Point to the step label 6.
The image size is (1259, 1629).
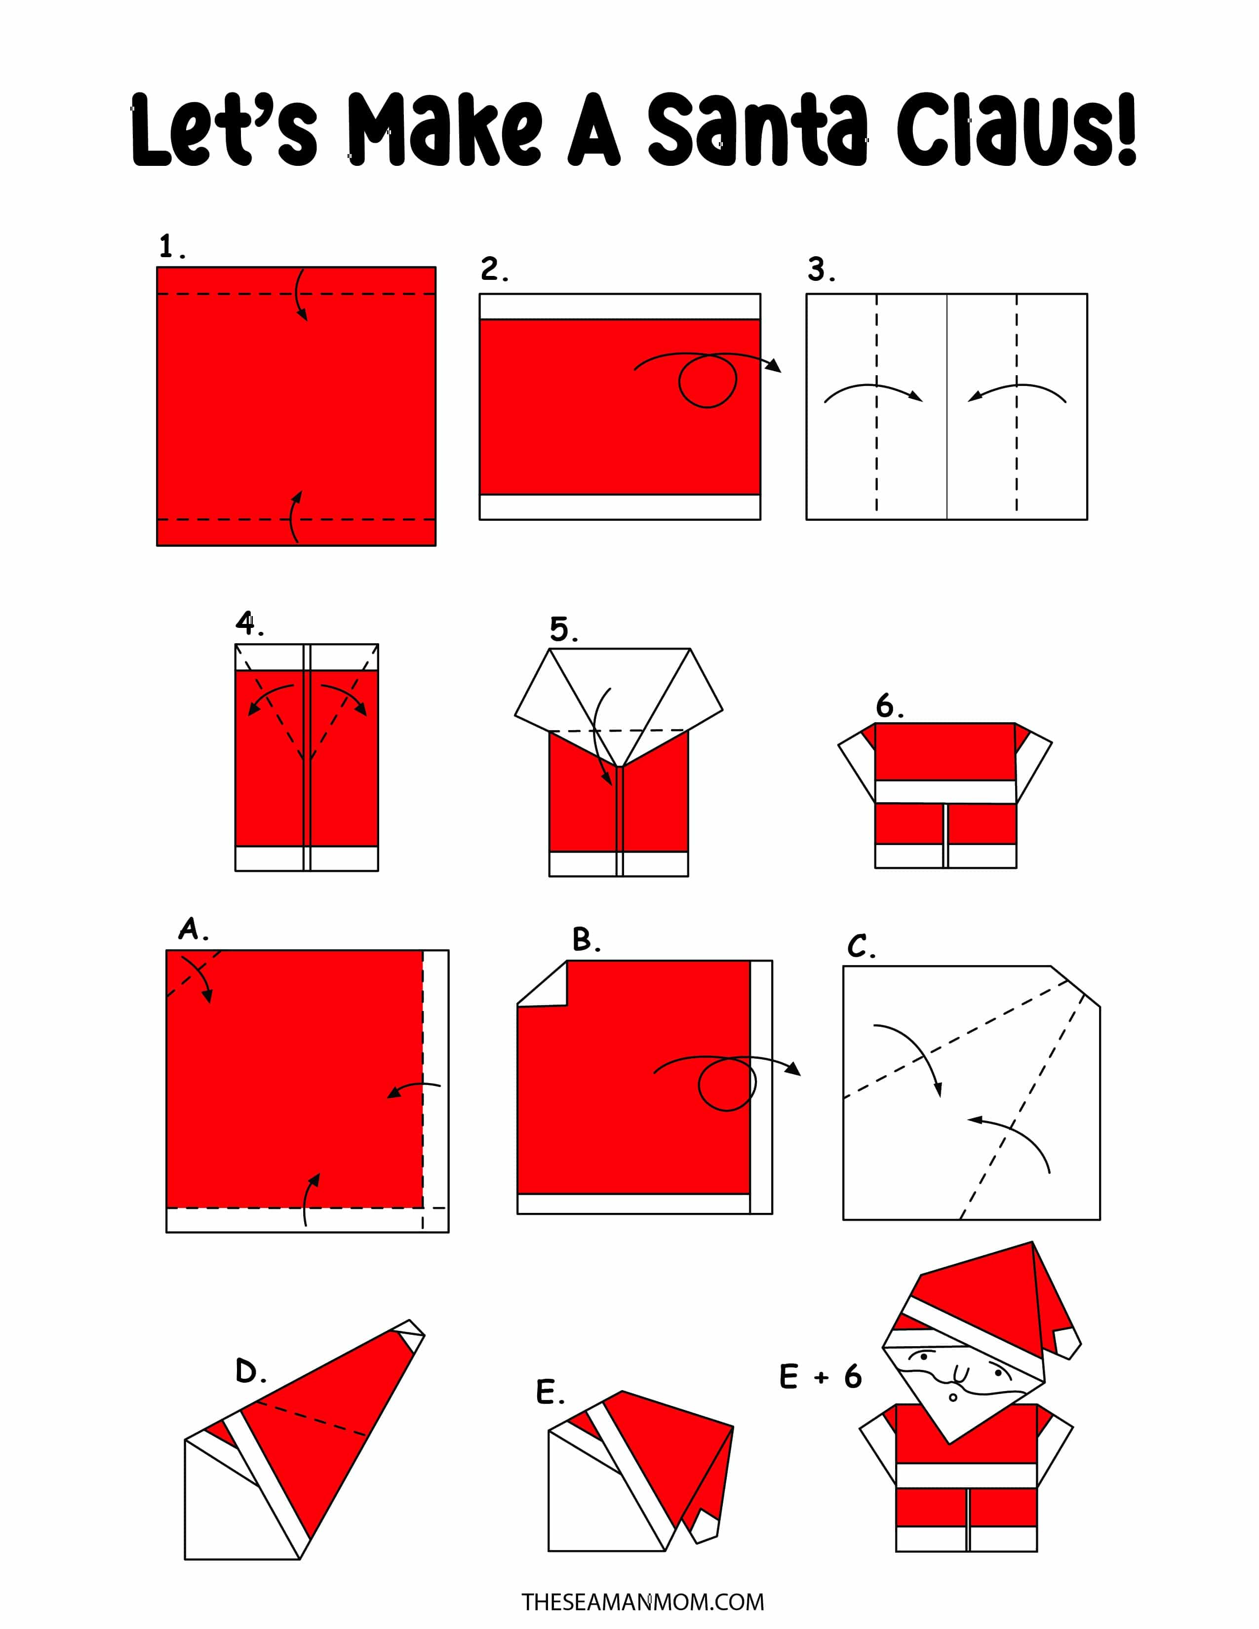(889, 705)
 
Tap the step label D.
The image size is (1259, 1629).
(251, 1371)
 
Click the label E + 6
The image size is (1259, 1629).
(821, 1376)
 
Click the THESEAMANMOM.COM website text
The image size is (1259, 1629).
(642, 1601)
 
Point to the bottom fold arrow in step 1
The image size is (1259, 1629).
(295, 517)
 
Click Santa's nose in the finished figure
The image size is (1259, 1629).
(960, 1374)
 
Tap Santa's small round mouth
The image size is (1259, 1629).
(952, 1397)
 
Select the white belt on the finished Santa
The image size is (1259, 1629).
(966, 1474)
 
